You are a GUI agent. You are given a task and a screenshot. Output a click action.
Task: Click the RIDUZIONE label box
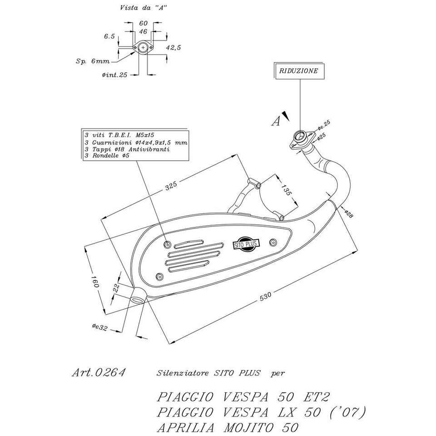[298, 71]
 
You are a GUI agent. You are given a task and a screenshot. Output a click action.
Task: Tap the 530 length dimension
[266, 296]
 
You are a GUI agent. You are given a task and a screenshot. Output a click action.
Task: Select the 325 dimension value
[171, 186]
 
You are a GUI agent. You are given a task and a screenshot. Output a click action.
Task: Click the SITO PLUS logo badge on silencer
[247, 244]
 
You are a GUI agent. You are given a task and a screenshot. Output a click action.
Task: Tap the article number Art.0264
[99, 373]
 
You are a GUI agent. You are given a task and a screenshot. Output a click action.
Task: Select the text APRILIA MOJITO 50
[228, 427]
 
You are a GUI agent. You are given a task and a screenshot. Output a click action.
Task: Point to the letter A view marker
[276, 120]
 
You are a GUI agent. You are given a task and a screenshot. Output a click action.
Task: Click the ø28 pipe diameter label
[349, 214]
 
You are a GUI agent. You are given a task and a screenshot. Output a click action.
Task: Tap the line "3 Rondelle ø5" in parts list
[107, 156]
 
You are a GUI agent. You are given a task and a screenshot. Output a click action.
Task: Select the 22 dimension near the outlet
[116, 287]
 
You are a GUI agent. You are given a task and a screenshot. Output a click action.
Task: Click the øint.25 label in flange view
[114, 75]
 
